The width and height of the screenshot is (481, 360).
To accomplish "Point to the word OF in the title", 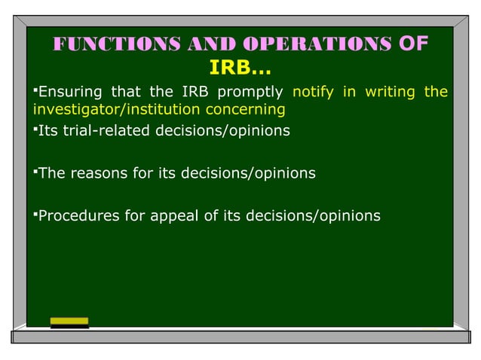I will (x=412, y=44).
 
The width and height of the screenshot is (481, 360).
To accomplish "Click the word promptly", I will (x=250, y=93).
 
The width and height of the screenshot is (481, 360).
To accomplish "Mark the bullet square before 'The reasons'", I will (x=34, y=172).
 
